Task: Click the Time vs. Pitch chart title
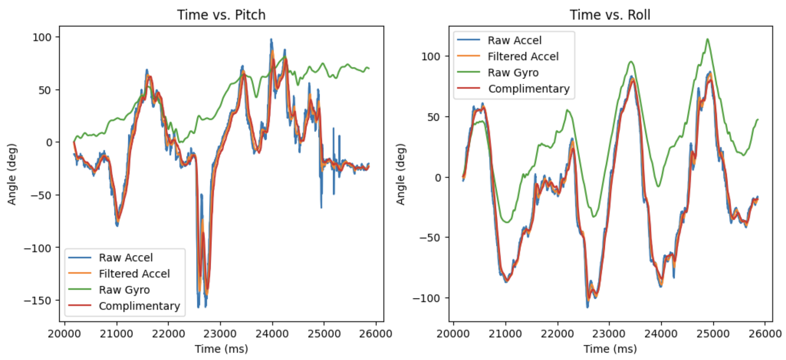point(221,15)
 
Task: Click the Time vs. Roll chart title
point(610,15)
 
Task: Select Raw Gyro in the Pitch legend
point(124,290)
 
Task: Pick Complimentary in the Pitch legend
point(139,306)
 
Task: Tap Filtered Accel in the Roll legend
point(523,56)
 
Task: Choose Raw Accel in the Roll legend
point(514,40)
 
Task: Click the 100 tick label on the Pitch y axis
point(42,37)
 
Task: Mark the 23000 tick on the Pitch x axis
point(220,334)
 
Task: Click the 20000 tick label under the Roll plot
point(453,334)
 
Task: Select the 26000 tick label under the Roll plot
point(765,334)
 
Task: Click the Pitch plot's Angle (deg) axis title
point(12,174)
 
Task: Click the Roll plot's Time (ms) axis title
point(610,349)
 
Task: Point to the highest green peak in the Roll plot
point(707,39)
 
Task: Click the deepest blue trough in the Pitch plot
point(198,307)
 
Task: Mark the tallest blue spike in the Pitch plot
point(271,39)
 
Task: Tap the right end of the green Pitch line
point(369,69)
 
